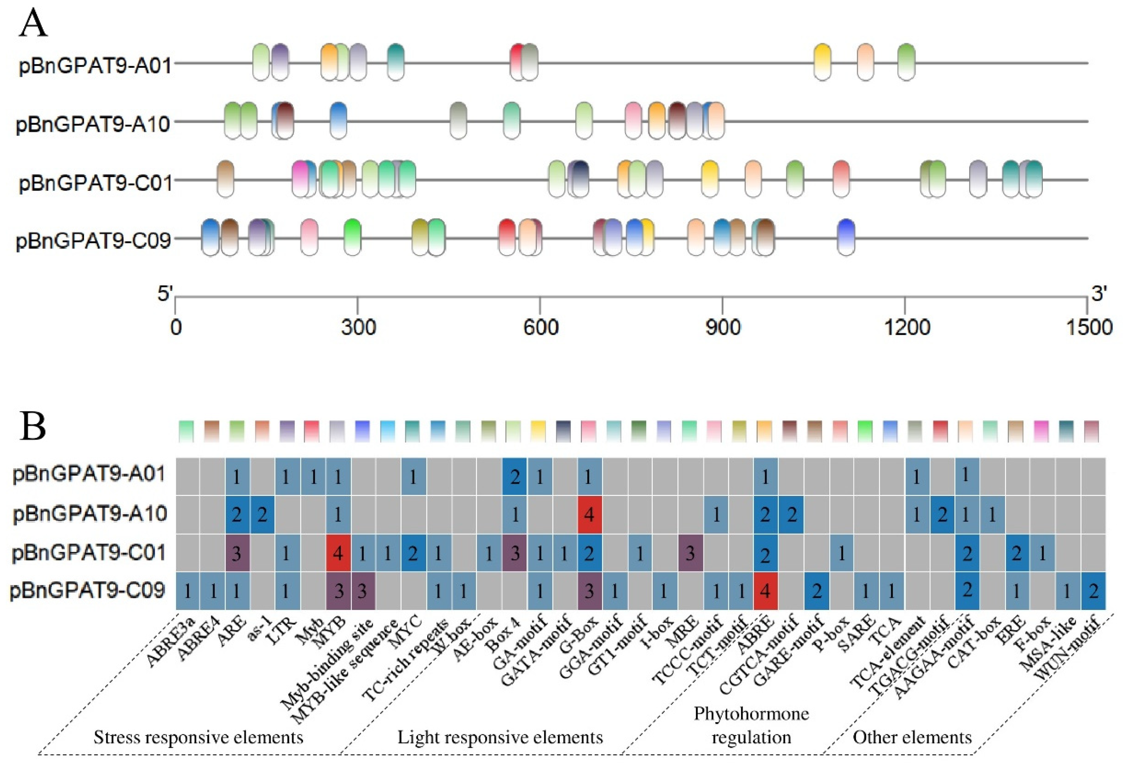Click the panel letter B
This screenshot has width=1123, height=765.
tap(33, 426)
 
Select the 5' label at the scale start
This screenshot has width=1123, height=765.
tap(165, 293)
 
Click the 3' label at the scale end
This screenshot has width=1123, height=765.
tap(1098, 293)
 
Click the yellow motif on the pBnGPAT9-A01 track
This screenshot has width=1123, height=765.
tap(822, 62)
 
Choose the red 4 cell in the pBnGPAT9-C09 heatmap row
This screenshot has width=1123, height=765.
tap(765, 591)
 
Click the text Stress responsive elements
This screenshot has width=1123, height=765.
tap(198, 737)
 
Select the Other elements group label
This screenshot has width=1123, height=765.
tap(912, 737)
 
